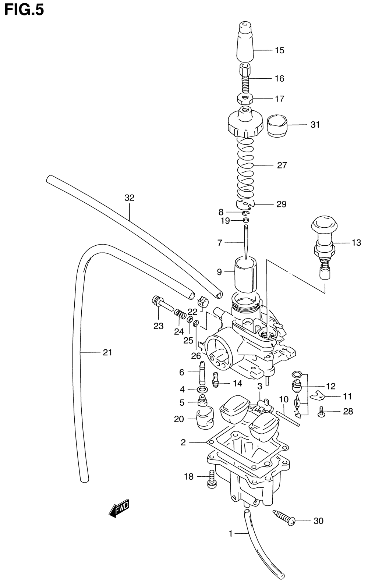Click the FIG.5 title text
(x=24, y=10)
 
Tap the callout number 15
(x=280, y=50)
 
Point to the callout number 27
(x=282, y=165)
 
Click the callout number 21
(x=107, y=353)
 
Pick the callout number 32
(x=129, y=198)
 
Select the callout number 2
(x=183, y=442)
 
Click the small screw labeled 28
(x=321, y=411)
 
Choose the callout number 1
(x=231, y=533)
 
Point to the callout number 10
(x=283, y=399)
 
